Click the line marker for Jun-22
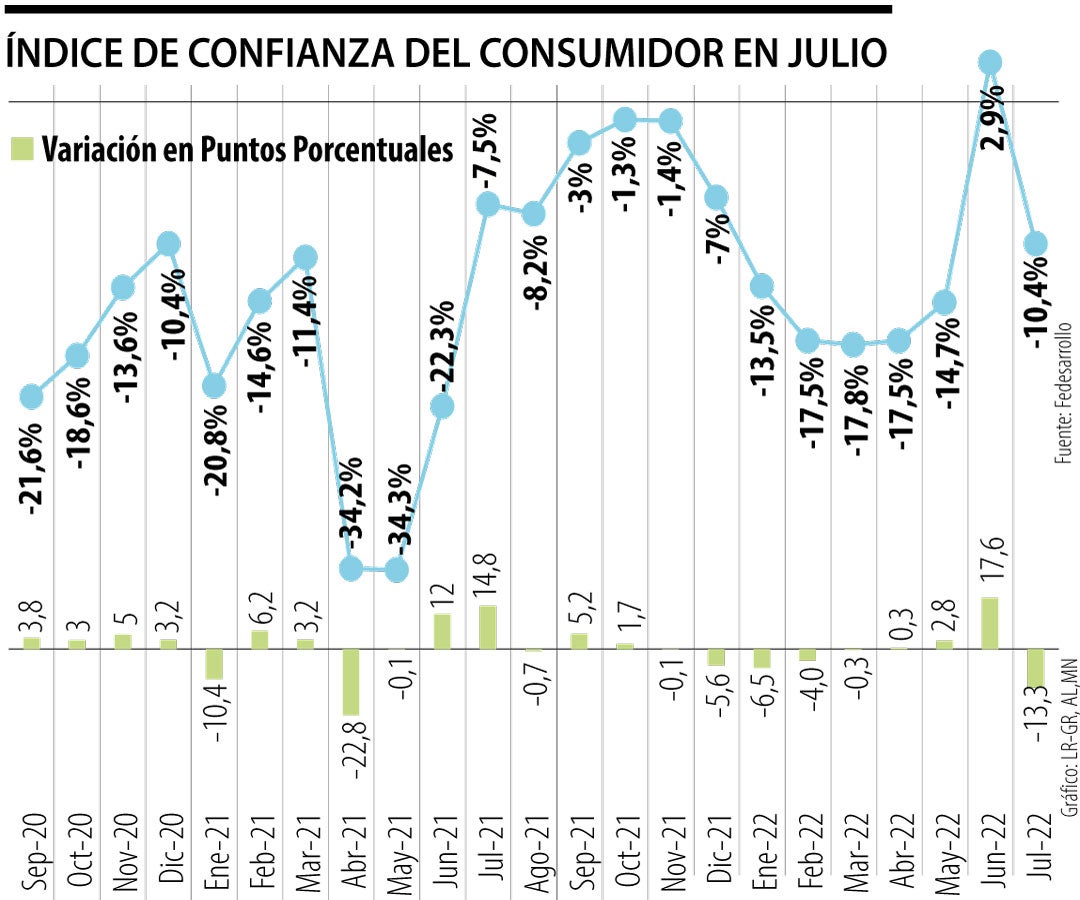point(990,63)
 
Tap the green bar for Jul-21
point(488,626)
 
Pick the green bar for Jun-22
point(990,622)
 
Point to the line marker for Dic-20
point(168,243)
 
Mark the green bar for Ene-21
point(214,664)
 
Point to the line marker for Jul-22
point(1036,243)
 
